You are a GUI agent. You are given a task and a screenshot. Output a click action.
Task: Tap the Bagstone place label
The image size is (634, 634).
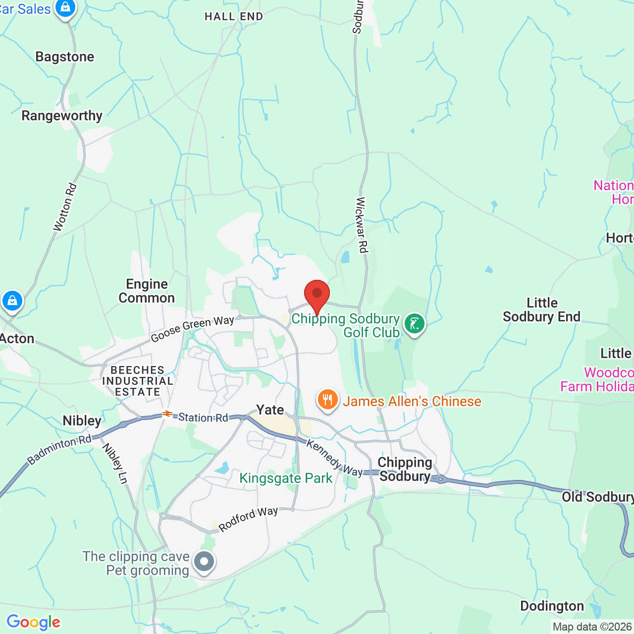click(65, 57)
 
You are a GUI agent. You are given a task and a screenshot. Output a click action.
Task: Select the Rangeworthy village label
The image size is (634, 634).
click(62, 116)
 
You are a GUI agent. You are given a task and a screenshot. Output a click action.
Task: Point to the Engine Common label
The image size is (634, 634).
click(147, 291)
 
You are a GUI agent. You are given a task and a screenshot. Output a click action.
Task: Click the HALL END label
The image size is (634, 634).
click(234, 16)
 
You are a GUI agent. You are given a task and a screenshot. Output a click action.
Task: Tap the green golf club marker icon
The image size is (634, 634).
click(415, 324)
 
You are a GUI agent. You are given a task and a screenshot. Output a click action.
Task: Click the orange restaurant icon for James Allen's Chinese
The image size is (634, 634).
click(327, 399)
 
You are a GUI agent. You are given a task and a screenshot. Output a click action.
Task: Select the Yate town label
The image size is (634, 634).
click(270, 410)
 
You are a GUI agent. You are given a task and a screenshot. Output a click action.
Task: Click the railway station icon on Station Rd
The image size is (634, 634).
click(167, 414)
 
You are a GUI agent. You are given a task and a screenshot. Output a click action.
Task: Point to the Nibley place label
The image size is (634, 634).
click(82, 421)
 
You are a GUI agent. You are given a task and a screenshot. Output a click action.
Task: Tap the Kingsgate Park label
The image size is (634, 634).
click(286, 478)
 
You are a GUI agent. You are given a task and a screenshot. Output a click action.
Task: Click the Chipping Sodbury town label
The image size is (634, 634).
click(405, 469)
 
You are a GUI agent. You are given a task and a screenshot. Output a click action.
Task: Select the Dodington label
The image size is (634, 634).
click(552, 606)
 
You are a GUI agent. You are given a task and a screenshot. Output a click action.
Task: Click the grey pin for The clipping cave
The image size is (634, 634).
click(204, 562)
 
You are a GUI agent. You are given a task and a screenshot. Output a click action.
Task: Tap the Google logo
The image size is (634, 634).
click(33, 622)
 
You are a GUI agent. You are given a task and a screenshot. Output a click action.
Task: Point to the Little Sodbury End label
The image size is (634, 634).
click(541, 310)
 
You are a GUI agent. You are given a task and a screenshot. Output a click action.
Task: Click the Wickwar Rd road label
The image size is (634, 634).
click(362, 225)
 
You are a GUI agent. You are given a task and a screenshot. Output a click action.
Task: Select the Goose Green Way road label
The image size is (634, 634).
click(192, 328)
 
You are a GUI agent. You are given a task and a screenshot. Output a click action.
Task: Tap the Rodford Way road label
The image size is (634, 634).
click(248, 519)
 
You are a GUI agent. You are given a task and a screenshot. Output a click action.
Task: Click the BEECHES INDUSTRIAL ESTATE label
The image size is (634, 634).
click(138, 381)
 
